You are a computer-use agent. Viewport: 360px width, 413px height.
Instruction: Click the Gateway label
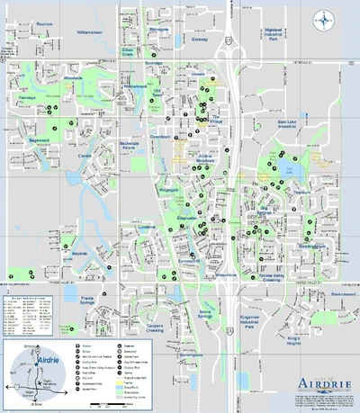[199, 39]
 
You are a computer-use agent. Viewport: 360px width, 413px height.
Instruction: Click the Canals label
[85, 156]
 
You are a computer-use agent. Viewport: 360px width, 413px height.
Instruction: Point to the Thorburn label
[301, 192]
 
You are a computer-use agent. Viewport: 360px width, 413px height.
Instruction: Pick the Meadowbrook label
[312, 245]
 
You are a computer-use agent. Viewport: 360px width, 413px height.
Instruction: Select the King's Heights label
[274, 340]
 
